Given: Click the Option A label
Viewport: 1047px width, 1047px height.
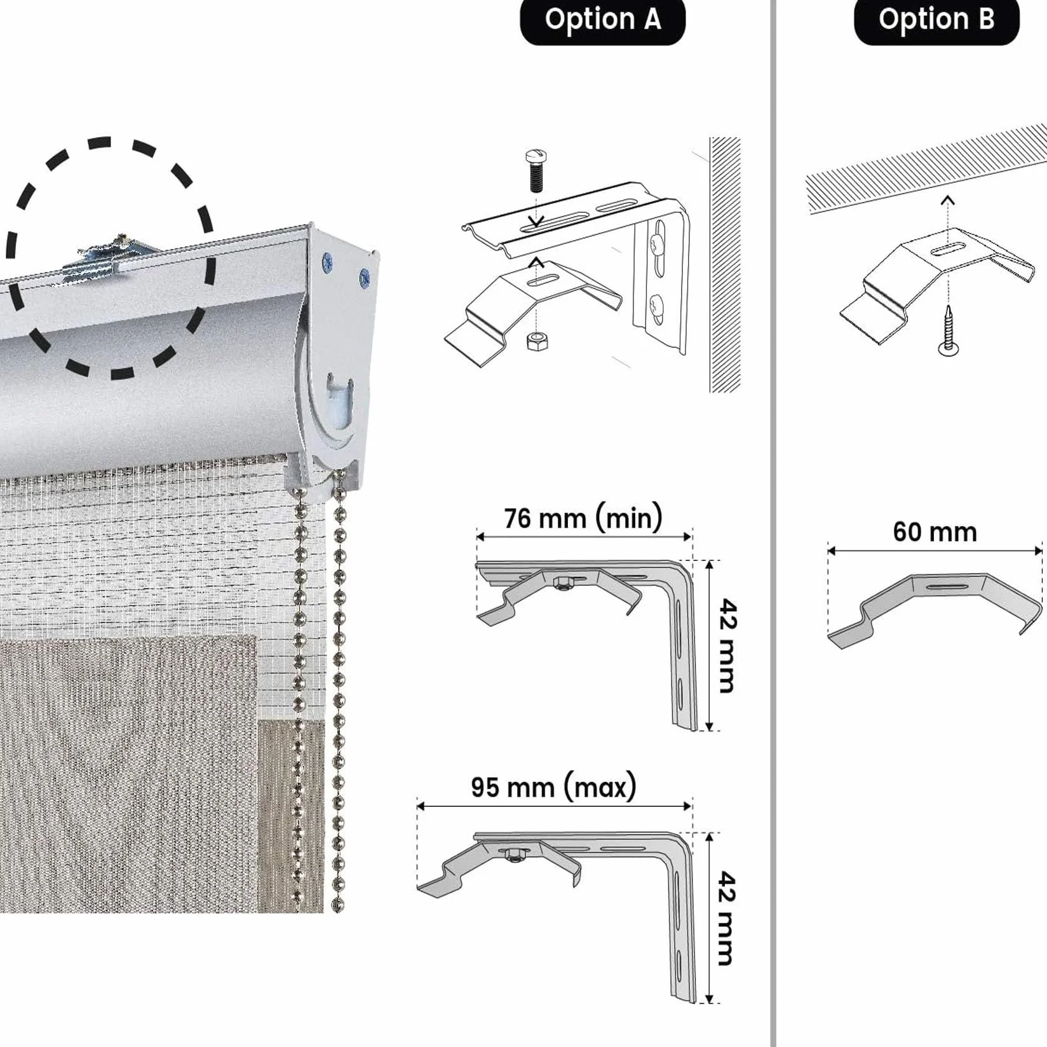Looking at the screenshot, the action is (x=602, y=20).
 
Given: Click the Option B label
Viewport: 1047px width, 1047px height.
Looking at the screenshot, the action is (x=936, y=20).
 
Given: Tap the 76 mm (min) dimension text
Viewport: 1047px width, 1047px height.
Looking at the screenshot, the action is (x=583, y=518).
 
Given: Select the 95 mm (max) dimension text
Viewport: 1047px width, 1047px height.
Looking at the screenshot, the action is (x=553, y=787).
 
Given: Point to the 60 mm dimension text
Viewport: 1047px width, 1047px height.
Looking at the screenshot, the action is (x=935, y=532).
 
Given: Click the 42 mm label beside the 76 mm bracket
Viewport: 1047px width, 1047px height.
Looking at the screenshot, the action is (x=727, y=645).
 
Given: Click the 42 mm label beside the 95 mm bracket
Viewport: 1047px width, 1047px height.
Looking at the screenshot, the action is (x=727, y=918).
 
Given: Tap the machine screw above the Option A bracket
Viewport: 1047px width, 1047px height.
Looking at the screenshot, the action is (x=536, y=170).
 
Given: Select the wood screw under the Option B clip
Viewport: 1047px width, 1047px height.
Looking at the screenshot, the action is (x=949, y=330).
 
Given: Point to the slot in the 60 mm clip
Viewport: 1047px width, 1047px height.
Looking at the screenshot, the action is (x=947, y=586).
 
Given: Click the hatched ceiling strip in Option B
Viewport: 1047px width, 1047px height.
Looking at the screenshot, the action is (x=926, y=168).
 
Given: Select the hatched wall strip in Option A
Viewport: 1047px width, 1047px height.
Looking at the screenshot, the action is (x=725, y=264).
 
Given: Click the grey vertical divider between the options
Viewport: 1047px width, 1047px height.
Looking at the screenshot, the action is (x=773, y=523).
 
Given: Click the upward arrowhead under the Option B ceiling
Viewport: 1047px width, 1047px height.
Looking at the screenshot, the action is (x=947, y=201).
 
